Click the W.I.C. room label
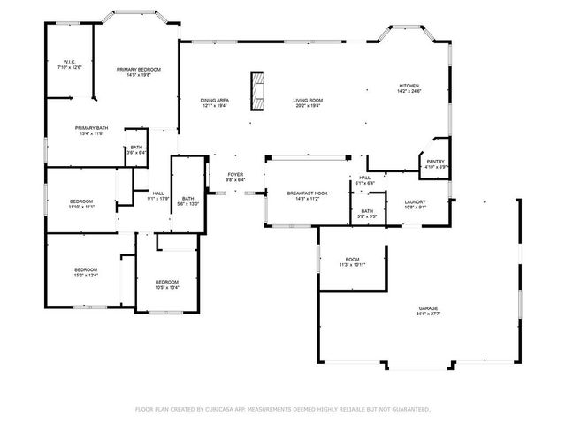[69, 64]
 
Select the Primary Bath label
[91, 131]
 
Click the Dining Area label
[215, 103]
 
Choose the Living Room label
[308, 103]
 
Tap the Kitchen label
[409, 87]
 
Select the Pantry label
[436, 163]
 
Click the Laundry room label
[416, 205]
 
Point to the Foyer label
[235, 178]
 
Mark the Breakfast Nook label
[307, 195]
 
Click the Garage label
[428, 311]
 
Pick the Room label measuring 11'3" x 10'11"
[352, 261]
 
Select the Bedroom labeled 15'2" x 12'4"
[85, 272]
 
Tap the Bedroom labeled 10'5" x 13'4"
[167, 284]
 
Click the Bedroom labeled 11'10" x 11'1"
[81, 205]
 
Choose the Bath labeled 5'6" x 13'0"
[188, 201]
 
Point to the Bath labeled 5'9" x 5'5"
[366, 214]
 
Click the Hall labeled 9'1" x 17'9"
[158, 195]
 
